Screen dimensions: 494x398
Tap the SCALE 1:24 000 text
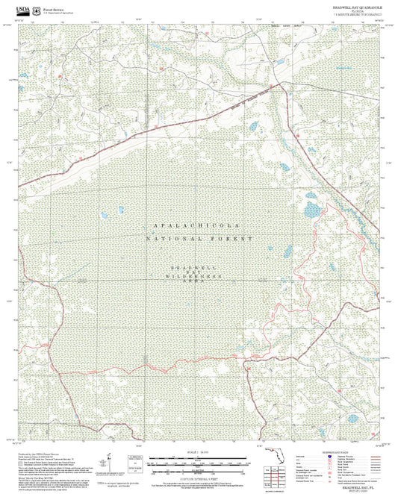pos(197,451)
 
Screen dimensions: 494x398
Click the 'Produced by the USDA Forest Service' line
pos(37,452)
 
